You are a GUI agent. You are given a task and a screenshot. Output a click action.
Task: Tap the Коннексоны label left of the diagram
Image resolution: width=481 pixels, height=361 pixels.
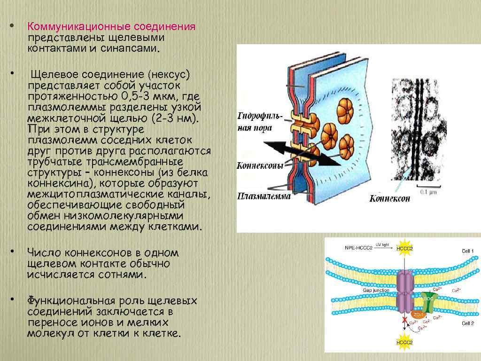click(x=260, y=165)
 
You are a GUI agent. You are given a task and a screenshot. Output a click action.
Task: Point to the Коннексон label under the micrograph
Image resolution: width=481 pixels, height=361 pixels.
click(x=389, y=198)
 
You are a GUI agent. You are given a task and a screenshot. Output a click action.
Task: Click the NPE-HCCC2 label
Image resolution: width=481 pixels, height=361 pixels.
click(x=358, y=247)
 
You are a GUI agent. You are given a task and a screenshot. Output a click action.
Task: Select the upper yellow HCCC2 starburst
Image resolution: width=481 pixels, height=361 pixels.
click(x=404, y=248)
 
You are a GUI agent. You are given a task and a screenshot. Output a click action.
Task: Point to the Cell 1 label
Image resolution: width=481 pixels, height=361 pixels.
click(x=467, y=251)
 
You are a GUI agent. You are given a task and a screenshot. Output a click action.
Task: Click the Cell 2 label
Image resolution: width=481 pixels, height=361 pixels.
click(x=467, y=323)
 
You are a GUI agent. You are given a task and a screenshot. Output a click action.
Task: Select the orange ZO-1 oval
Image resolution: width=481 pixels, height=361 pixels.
click(x=418, y=314)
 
